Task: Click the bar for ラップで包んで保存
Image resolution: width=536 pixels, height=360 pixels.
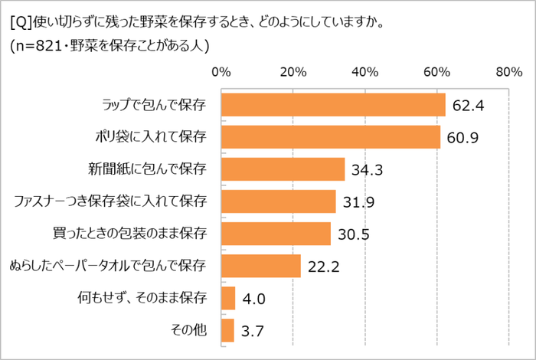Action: pos(333,105)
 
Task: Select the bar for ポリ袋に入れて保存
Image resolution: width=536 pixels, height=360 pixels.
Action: pos(330,137)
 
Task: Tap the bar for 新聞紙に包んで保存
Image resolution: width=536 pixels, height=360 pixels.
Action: pos(283,169)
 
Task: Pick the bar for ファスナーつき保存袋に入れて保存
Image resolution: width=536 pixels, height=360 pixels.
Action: pos(278,201)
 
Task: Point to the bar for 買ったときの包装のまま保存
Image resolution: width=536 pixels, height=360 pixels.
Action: pos(276,234)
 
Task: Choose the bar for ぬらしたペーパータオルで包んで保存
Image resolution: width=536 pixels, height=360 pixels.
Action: pos(260,266)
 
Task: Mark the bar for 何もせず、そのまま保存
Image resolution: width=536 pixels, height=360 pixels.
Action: pos(227,298)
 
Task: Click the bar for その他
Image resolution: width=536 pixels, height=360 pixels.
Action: pos(227,330)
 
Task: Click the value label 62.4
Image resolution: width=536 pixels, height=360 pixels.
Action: pos(469,106)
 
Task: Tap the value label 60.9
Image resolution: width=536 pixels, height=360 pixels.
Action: pos(463,138)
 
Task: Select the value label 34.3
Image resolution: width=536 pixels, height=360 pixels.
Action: pos(368,170)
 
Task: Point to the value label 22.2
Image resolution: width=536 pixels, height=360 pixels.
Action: pos(323,267)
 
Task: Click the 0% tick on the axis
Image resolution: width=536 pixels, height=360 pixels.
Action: pos(221,72)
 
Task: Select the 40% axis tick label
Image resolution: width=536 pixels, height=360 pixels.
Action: pos(364,72)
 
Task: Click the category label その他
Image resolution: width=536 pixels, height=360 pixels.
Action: pos(190,331)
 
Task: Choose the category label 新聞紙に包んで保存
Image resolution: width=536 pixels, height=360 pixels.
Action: pos(147,170)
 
